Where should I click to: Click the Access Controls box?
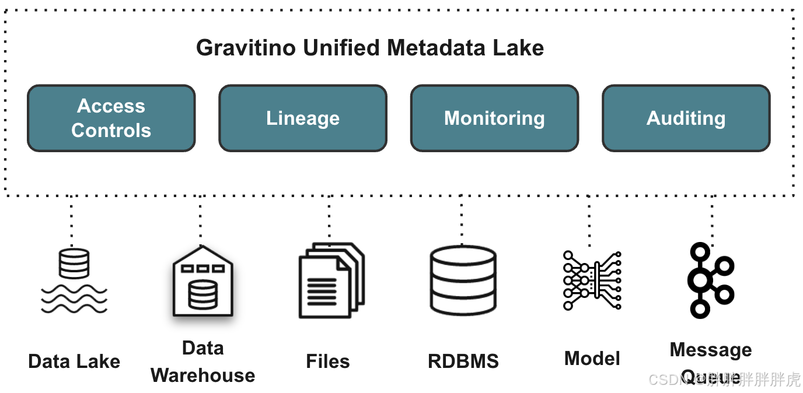(x=111, y=118)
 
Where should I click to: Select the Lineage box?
(x=302, y=118)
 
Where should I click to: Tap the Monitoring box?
(x=494, y=118)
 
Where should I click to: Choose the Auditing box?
(x=686, y=118)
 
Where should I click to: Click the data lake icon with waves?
(x=74, y=280)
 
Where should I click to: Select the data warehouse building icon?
(x=203, y=282)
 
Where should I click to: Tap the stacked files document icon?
(x=331, y=280)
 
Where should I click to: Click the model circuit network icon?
(x=592, y=280)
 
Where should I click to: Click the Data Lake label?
(x=74, y=362)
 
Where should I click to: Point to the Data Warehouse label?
(x=203, y=362)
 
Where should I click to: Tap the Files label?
(x=328, y=362)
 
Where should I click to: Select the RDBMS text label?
(x=463, y=362)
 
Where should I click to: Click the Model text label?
(x=592, y=359)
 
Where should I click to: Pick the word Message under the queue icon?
(x=711, y=350)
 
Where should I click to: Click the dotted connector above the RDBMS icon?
(x=462, y=220)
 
